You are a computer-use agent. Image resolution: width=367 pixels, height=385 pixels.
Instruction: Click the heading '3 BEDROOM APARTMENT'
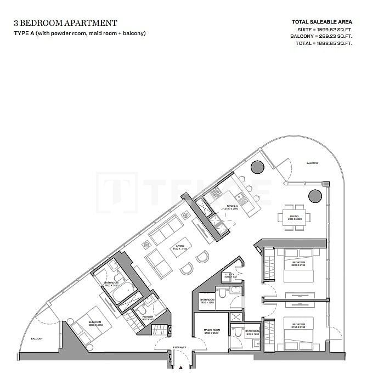coord(66,23)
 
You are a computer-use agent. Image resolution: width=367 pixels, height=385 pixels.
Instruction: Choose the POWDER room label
coord(148,318)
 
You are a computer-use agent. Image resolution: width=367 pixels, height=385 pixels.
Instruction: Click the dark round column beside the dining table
coord(315,196)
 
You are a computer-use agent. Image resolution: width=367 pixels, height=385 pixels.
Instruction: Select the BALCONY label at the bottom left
coord(37,339)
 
